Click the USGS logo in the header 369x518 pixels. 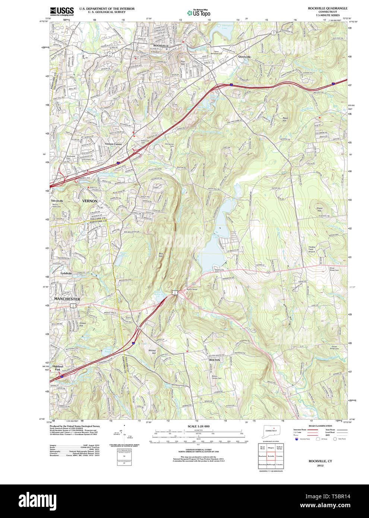61,11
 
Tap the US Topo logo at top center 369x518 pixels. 199,13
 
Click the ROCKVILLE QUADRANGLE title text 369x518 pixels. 327,8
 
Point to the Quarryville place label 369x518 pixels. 245,57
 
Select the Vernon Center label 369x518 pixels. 113,144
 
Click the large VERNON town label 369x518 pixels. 90,201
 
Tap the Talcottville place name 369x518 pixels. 57,201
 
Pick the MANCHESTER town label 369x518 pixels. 67,299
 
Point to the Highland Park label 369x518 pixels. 58,368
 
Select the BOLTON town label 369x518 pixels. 214,360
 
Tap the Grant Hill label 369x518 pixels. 319,209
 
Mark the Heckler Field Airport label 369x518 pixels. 312,249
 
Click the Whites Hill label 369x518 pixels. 152,352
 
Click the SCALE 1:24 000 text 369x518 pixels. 198,426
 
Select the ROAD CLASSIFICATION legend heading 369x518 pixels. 320,426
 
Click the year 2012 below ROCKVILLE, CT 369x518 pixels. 320,465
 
